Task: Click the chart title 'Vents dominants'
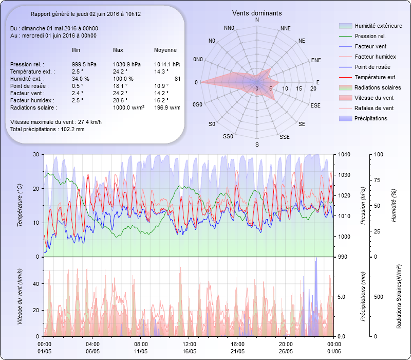(x=257, y=13)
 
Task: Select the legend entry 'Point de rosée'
(x=372, y=67)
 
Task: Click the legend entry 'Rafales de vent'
(x=374, y=108)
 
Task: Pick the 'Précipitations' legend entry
(x=371, y=118)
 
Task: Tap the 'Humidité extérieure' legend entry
(x=378, y=26)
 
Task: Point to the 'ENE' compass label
(x=316, y=60)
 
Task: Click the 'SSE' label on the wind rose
(x=284, y=137)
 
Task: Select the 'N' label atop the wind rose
(x=257, y=20)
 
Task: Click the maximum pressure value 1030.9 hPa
(x=127, y=64)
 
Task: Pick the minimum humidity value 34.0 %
(x=81, y=79)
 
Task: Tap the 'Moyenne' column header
(x=165, y=50)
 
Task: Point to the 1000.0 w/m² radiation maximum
(x=129, y=107)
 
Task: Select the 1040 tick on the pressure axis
(x=344, y=154)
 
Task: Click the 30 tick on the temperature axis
(x=35, y=154)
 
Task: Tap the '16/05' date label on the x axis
(x=189, y=351)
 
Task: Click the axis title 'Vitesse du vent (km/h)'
(x=20, y=296)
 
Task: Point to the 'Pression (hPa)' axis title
(x=363, y=205)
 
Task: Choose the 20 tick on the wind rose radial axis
(x=313, y=88)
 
